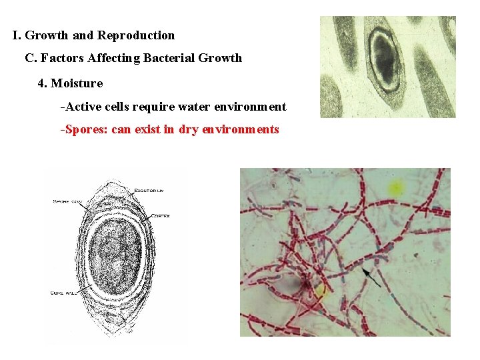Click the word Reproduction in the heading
[136, 35]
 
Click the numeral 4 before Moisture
[41, 83]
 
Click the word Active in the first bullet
[83, 107]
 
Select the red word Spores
[86, 129]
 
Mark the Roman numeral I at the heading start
[15, 35]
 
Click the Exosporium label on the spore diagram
[149, 191]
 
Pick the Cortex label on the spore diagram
[160, 215]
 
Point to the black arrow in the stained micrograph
[371, 277]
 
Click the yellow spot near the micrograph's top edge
[396, 187]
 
